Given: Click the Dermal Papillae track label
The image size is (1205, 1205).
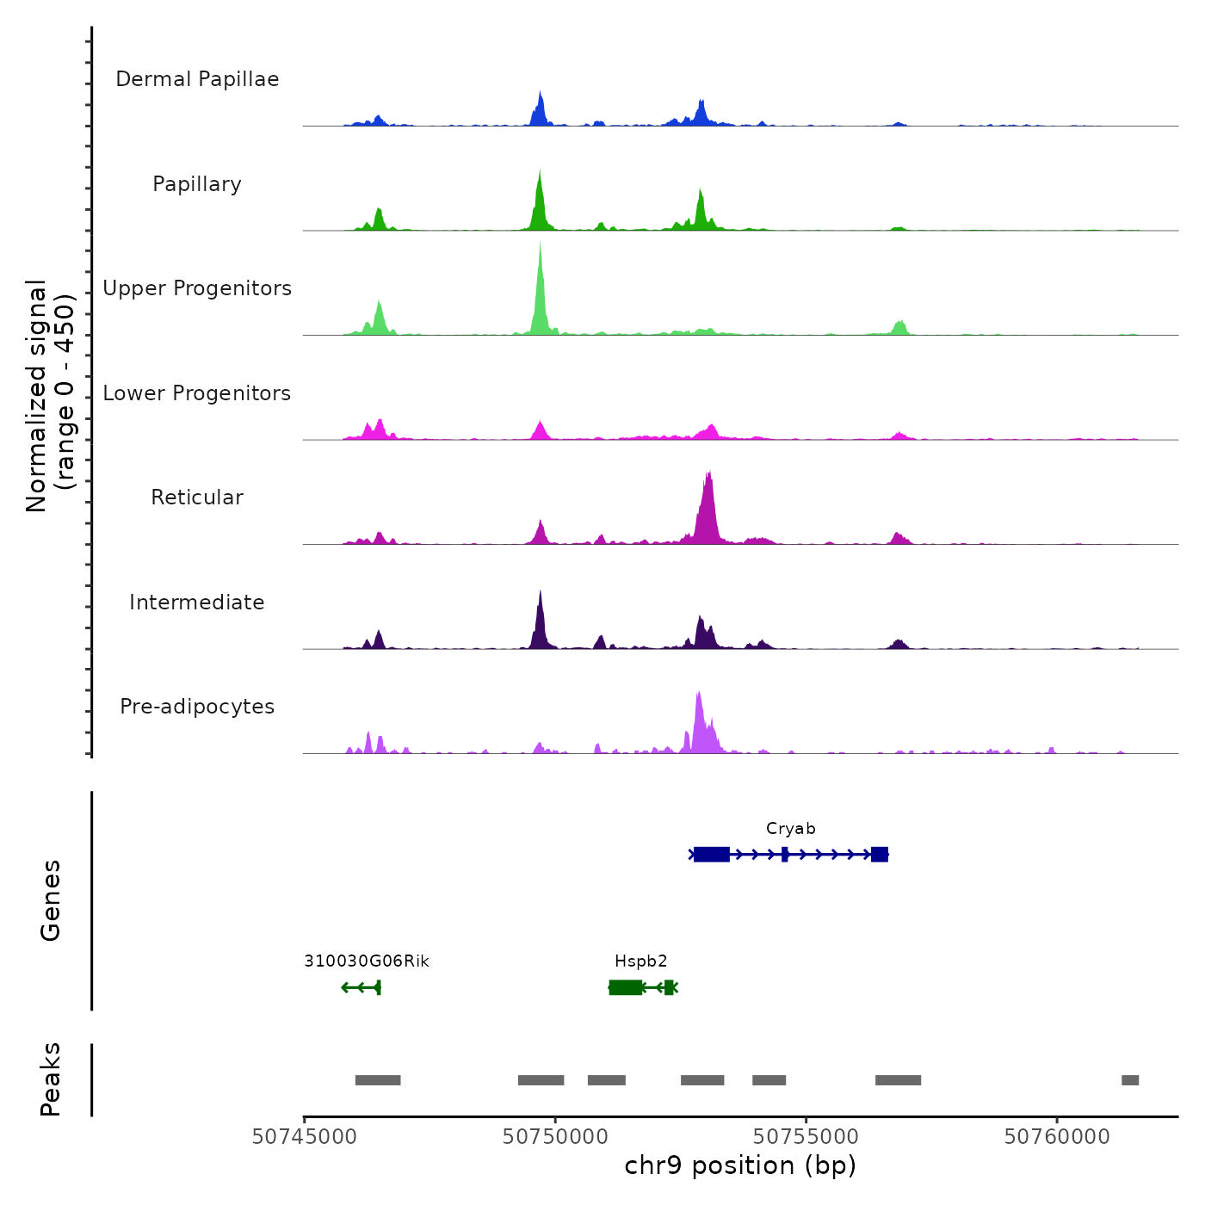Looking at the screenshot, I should pyautogui.click(x=197, y=79).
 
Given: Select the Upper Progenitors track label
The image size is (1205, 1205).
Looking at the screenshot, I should pyautogui.click(x=197, y=288).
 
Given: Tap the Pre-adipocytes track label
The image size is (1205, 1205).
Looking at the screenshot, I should pyautogui.click(x=197, y=707).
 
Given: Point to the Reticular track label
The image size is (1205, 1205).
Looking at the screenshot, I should pyautogui.click(x=197, y=497).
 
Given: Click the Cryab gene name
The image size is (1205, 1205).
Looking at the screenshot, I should pyautogui.click(x=790, y=829).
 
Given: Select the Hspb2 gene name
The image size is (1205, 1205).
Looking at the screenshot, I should pyautogui.click(x=640, y=961).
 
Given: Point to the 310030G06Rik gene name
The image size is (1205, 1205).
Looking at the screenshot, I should pyautogui.click(x=366, y=961).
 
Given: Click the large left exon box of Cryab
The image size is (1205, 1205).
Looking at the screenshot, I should pyautogui.click(x=712, y=854).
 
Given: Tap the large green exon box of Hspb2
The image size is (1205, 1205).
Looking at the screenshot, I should pyautogui.click(x=626, y=987).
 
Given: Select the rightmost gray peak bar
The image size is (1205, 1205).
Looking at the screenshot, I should pyautogui.click(x=1130, y=1080).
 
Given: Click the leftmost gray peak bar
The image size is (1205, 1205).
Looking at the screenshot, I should pyautogui.click(x=378, y=1080).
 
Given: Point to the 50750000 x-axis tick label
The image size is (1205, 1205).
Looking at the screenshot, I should pyautogui.click(x=555, y=1137).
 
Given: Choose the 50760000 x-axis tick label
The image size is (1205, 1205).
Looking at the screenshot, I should pyautogui.click(x=1057, y=1137).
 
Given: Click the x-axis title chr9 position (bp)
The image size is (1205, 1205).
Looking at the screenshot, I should pyautogui.click(x=740, y=1165).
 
